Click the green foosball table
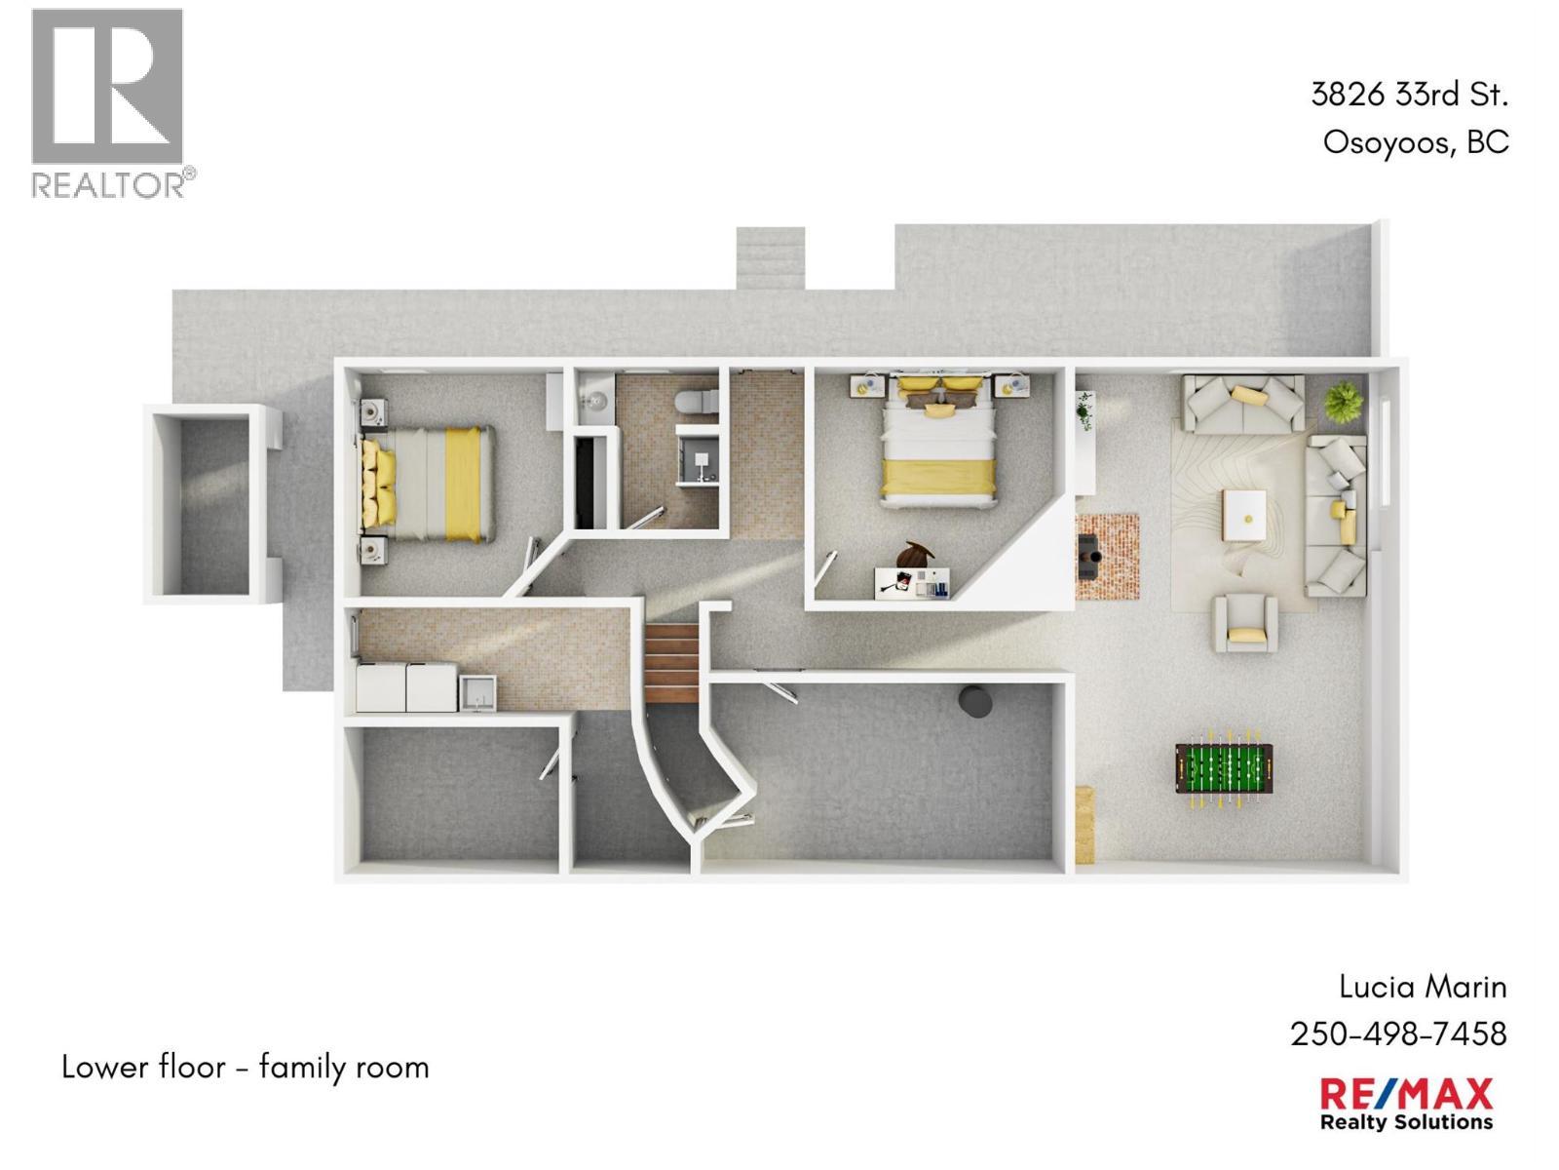coord(1224,769)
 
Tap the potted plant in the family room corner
coord(1343,402)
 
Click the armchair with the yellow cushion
coord(1245,623)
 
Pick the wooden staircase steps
coord(672,663)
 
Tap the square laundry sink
coord(478,692)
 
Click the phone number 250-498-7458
coord(1398,1034)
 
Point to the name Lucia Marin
coord(1423,987)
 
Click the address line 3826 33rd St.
coord(1409,95)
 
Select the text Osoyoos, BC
coord(1416,142)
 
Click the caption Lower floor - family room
coord(246,1067)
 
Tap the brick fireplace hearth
coord(1107,557)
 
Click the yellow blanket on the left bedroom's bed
coord(463,484)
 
